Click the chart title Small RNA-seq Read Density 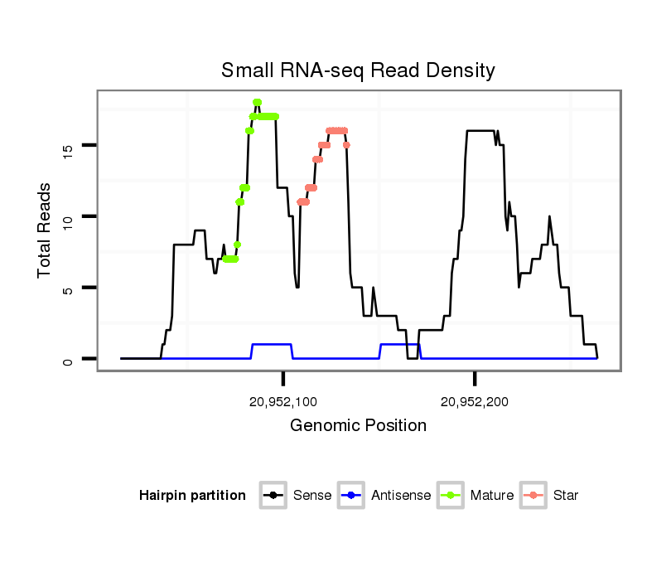pyautogui.click(x=358, y=70)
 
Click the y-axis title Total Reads pyautogui.click(x=46, y=230)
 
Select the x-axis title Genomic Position pyautogui.click(x=358, y=426)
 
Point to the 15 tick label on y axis pyautogui.click(x=68, y=148)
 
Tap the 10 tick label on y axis pyautogui.click(x=68, y=217)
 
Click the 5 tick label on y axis pyautogui.click(x=68, y=288)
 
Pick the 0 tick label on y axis pyautogui.click(x=68, y=360)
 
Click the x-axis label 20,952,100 pyautogui.click(x=283, y=402)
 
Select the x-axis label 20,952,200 pyautogui.click(x=475, y=402)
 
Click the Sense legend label pyautogui.click(x=312, y=496)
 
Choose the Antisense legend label pyautogui.click(x=401, y=496)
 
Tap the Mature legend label pyautogui.click(x=492, y=496)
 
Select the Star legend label pyautogui.click(x=565, y=496)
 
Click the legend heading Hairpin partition pyautogui.click(x=192, y=496)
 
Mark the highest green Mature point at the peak pyautogui.click(x=257, y=102)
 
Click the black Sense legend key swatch pyautogui.click(x=273, y=496)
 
